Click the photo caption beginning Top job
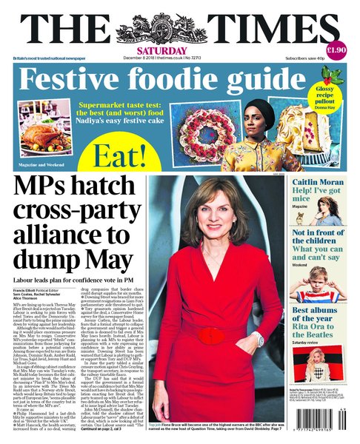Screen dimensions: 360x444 click(216, 428)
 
